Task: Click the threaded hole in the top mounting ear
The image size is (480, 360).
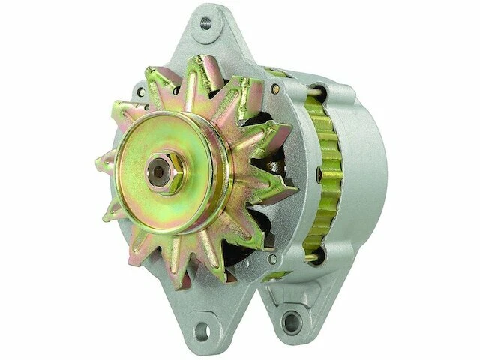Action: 205,23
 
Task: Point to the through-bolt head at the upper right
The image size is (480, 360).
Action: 277,90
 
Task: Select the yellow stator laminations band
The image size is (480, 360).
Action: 330,172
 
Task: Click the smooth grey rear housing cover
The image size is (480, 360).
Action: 367,169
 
